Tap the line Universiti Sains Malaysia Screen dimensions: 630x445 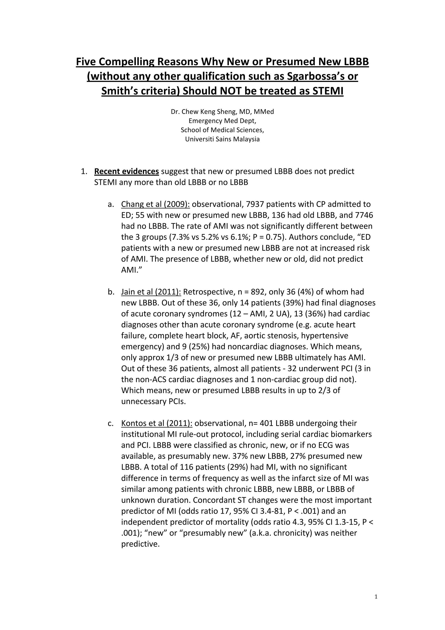(222, 139)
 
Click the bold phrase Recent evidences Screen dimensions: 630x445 (126, 172)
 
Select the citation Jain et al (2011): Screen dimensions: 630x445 (151, 292)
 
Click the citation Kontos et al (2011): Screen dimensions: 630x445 (157, 423)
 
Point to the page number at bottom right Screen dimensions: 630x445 (376, 597)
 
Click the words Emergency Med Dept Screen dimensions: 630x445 (222, 121)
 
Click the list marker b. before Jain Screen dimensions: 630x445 (111, 292)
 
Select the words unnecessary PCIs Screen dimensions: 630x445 (154, 402)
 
